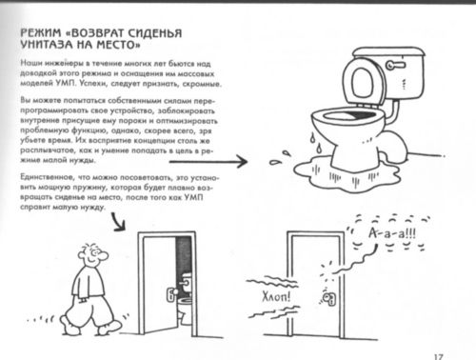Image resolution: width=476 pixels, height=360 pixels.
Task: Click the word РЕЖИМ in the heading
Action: [40, 33]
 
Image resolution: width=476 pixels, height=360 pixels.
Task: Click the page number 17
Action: [438, 356]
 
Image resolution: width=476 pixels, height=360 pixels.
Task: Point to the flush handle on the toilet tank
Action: [395, 65]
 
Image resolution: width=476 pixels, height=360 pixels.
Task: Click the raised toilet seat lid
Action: [363, 80]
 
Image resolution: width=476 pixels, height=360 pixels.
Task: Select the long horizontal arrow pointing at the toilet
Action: [208, 162]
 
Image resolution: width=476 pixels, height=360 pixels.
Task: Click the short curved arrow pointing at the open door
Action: [118, 222]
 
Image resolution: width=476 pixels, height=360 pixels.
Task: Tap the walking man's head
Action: [92, 255]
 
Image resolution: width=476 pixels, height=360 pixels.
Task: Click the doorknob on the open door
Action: [172, 294]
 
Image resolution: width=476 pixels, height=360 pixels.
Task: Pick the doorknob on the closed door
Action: [329, 298]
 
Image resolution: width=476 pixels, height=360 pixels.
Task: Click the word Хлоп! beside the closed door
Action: [276, 297]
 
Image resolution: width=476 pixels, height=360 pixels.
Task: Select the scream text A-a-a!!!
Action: [392, 233]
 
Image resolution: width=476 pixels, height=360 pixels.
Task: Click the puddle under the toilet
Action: [346, 176]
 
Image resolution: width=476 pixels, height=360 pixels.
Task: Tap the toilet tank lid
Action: [389, 52]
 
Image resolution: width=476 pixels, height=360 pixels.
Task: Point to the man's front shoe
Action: [109, 328]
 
